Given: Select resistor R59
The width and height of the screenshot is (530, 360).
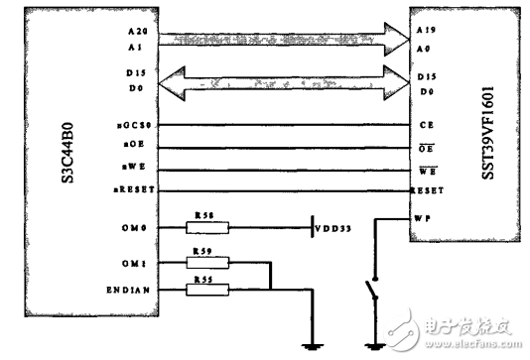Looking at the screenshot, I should coord(207,263).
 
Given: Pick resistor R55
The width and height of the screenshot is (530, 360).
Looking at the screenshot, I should coord(207,290).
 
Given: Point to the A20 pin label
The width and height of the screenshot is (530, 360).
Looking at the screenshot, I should coord(136,32).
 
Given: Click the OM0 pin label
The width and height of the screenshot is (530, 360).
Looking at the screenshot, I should coord(137,229).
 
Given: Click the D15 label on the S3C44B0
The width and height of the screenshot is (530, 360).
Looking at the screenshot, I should coord(137,73).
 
